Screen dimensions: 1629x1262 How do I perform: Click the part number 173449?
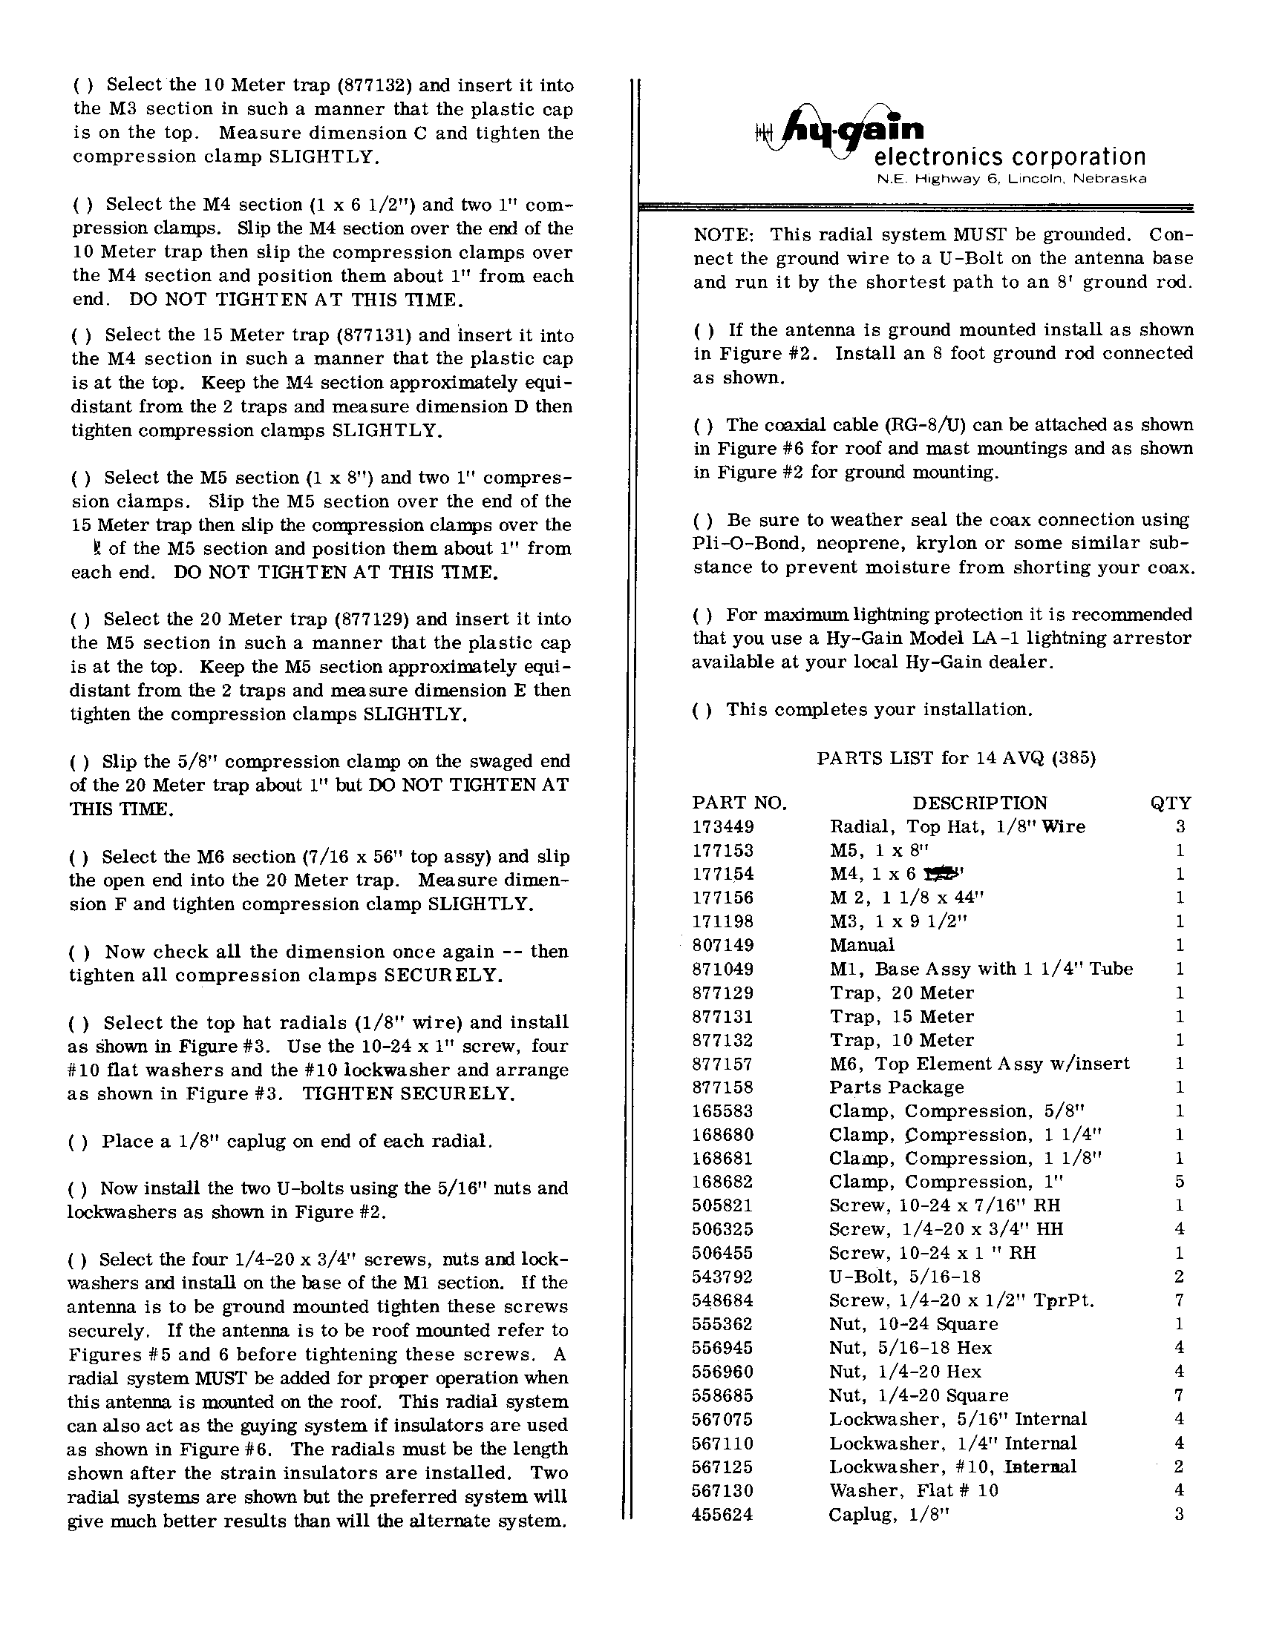[723, 826]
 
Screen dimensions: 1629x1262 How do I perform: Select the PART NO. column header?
[739, 803]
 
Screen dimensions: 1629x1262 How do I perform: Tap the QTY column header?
[1170, 803]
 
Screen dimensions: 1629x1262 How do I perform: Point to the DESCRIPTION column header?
[979, 803]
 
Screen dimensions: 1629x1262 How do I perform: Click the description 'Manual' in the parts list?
[862, 945]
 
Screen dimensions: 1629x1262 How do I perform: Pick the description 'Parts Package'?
[896, 1087]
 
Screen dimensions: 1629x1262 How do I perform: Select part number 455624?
[722, 1514]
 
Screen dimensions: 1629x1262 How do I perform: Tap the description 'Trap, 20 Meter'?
[901, 993]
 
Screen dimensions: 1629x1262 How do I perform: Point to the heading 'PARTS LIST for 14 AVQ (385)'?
[956, 759]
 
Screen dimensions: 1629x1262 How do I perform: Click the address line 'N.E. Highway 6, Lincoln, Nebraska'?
[1011, 179]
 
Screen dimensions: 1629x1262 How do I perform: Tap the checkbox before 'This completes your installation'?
[702, 710]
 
